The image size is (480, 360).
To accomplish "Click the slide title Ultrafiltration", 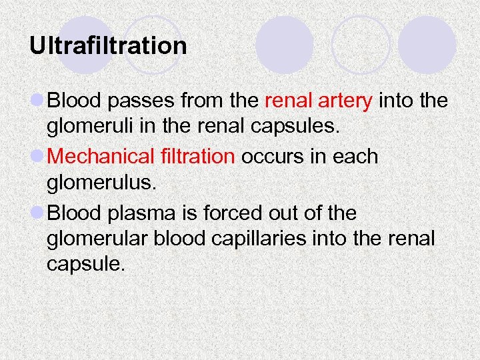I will pos(108,46).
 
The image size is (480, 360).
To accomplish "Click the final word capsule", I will pos(85,265).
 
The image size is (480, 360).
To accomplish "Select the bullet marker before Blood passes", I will pos(37,101).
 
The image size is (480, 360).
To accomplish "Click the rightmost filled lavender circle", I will pos(427,45).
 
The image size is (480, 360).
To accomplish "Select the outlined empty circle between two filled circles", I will pos(360,44).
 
